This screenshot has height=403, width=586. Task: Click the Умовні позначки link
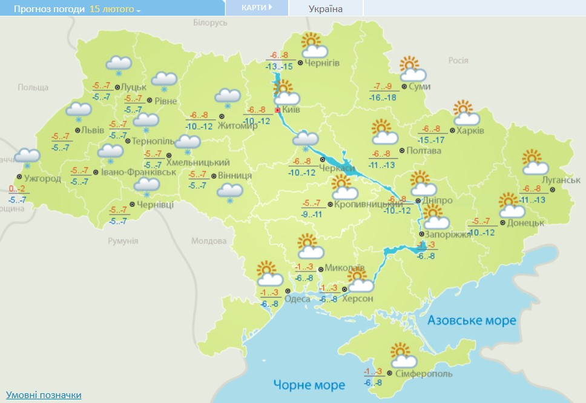(x=44, y=395)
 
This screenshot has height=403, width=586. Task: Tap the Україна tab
(x=325, y=8)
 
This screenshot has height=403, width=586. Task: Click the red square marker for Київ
(x=278, y=111)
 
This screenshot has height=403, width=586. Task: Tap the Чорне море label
(x=309, y=385)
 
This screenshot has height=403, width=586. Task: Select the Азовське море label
(x=472, y=320)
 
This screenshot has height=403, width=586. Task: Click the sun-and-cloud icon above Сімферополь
(x=401, y=354)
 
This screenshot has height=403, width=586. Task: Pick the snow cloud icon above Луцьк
(x=119, y=65)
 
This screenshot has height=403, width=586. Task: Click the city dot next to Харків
(x=452, y=130)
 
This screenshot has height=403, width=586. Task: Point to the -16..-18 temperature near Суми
(x=383, y=97)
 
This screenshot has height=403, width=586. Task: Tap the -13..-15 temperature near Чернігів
(x=279, y=66)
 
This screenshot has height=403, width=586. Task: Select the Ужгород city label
(x=42, y=179)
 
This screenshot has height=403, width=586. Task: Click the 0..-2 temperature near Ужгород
(x=18, y=189)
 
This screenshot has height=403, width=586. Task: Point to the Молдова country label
(x=208, y=241)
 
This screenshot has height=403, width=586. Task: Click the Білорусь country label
(x=210, y=22)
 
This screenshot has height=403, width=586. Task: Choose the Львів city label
(x=93, y=130)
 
